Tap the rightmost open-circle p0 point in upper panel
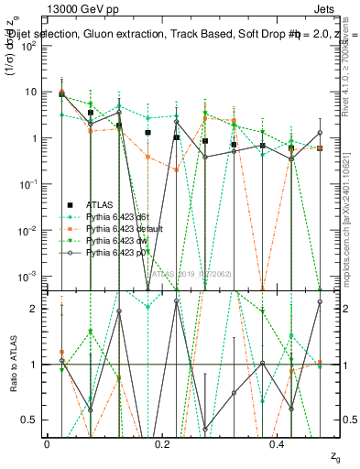320,133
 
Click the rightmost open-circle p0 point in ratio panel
320,301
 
